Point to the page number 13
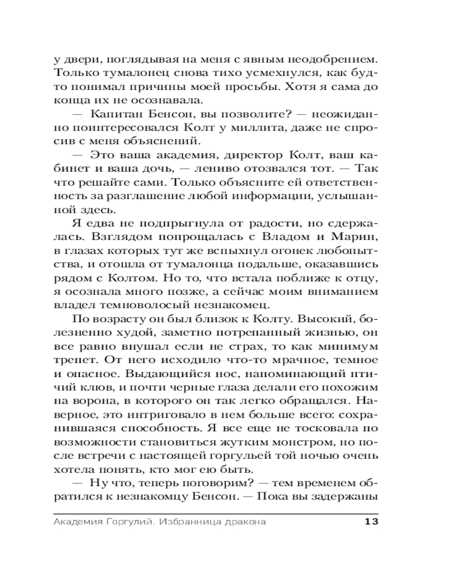[371, 521]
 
